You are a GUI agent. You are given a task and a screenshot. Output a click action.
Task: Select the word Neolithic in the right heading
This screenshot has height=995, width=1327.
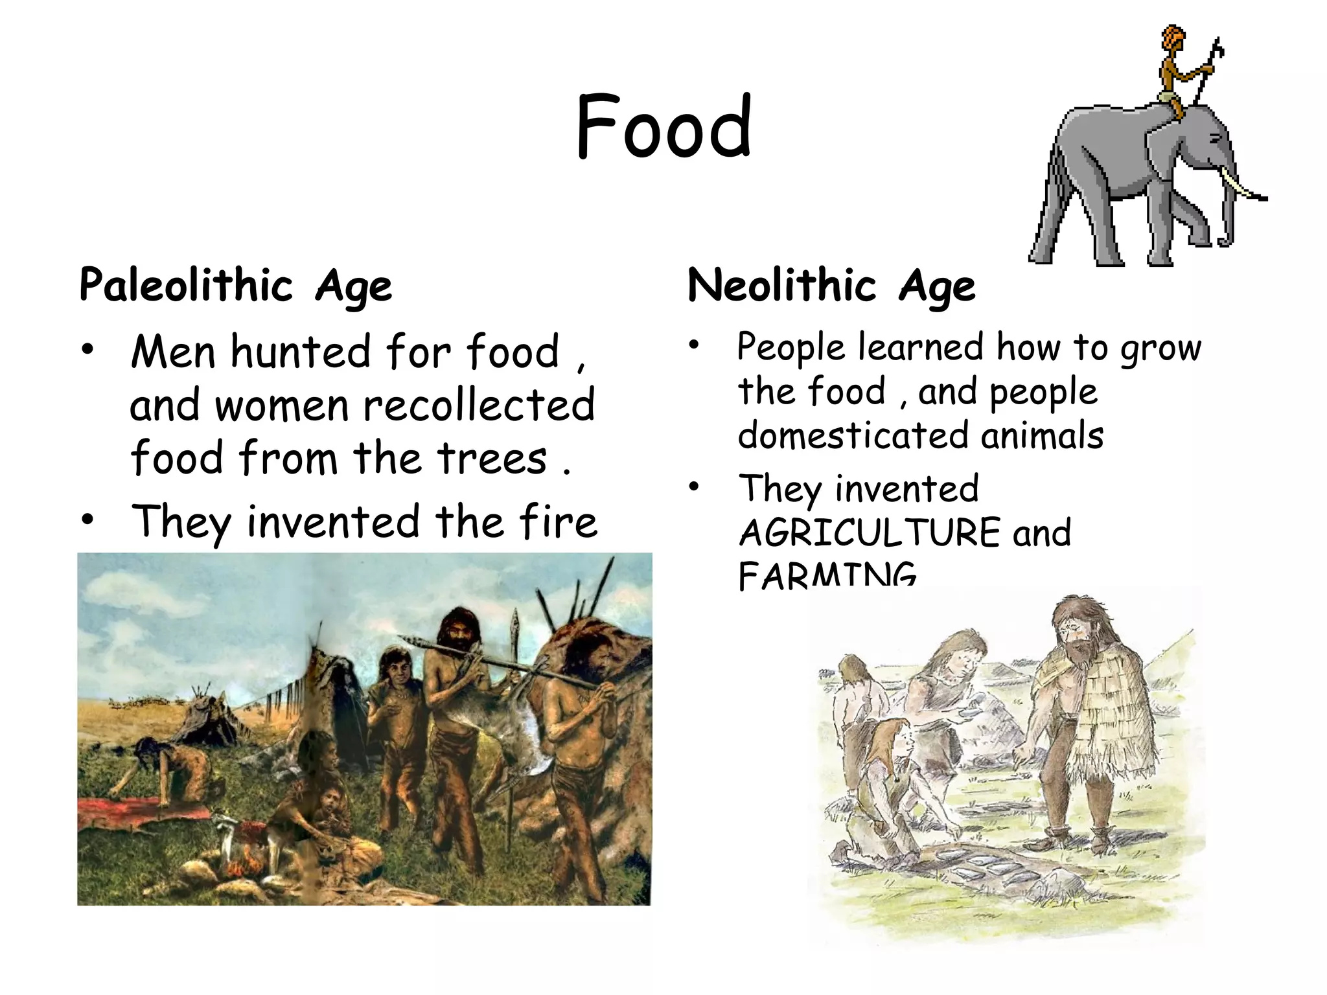[x=781, y=285]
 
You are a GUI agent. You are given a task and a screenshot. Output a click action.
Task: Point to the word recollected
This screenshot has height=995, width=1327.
[x=478, y=405]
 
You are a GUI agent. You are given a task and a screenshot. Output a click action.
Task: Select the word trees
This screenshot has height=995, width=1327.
[x=492, y=458]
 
